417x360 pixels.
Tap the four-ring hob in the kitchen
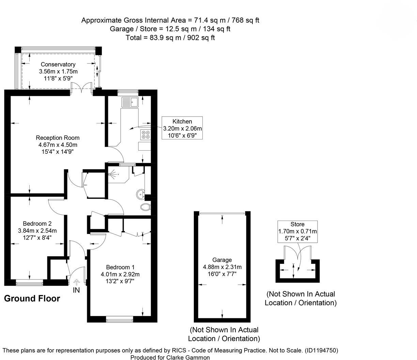[145, 135]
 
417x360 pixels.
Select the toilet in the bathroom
[145, 207]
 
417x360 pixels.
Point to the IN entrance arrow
[76, 282]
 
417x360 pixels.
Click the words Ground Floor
[32, 299]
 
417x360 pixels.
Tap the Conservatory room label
[58, 64]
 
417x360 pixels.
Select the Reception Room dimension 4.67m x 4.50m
[58, 145]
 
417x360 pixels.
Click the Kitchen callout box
[182, 128]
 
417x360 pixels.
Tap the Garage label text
[222, 260]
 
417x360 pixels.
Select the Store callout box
[297, 231]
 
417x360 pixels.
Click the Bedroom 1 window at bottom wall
[119, 319]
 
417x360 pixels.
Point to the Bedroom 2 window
[29, 282]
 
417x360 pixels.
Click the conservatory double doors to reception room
[81, 89]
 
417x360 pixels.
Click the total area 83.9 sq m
[170, 37]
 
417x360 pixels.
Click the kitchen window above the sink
[128, 92]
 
